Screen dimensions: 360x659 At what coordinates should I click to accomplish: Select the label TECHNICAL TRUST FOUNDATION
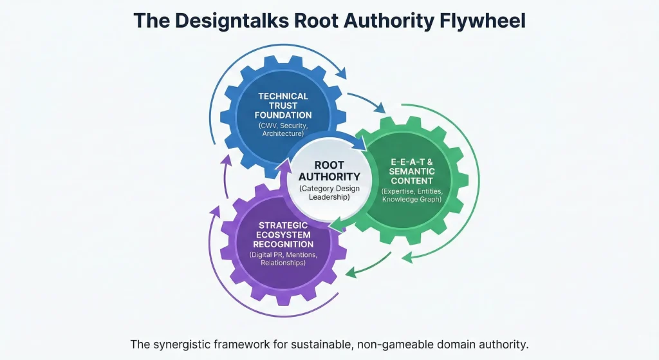283,106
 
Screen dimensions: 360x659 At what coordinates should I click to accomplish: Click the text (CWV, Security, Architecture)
283,129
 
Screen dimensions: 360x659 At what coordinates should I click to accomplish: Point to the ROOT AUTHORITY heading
329,170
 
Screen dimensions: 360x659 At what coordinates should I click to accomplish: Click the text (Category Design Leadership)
329,193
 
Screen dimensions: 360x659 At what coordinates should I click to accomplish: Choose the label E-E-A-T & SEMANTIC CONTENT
412,172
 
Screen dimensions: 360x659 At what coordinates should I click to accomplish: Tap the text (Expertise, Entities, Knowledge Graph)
412,195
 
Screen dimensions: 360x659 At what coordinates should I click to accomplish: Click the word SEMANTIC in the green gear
412,172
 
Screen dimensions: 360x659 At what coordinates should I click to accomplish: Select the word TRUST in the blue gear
283,106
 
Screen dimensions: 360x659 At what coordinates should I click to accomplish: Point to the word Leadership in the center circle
329,197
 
